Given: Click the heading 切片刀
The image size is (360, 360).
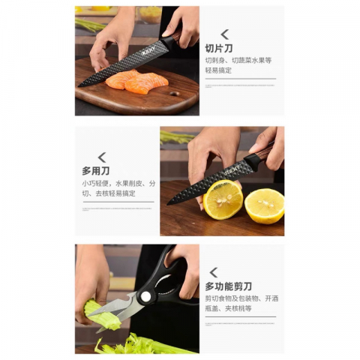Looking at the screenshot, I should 219,48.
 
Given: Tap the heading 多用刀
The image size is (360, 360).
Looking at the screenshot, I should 95,170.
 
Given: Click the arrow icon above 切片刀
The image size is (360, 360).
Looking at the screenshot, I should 224,34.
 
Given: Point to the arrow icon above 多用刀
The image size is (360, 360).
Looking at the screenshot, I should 101,157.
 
